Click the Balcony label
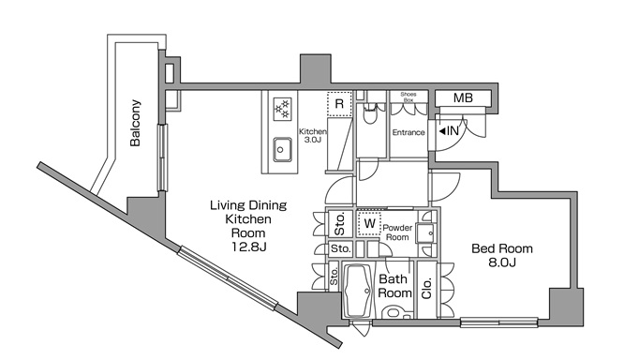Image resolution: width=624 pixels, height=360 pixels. [135, 123]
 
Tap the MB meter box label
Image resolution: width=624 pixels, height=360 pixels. [463, 97]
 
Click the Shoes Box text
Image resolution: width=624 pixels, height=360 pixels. [409, 97]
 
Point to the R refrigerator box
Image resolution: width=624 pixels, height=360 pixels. [339, 104]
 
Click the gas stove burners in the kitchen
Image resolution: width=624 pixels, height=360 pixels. [283, 109]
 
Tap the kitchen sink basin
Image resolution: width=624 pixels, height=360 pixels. [282, 150]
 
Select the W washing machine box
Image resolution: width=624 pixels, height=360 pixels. [370, 224]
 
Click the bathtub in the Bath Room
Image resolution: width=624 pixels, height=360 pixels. [359, 291]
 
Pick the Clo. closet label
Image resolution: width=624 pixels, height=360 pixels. [426, 289]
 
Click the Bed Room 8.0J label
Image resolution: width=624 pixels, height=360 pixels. [502, 255]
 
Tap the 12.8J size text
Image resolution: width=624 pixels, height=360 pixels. [249, 247]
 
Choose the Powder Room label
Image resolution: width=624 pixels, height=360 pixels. [397, 232]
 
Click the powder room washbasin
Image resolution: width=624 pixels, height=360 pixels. [425, 232]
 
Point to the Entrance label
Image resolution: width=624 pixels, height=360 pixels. [409, 132]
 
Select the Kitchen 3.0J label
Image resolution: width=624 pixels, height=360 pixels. [313, 135]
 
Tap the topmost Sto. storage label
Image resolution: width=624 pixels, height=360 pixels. [339, 223]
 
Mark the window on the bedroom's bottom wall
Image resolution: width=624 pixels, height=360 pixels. [499, 322]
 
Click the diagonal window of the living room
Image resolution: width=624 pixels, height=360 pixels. [228, 277]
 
